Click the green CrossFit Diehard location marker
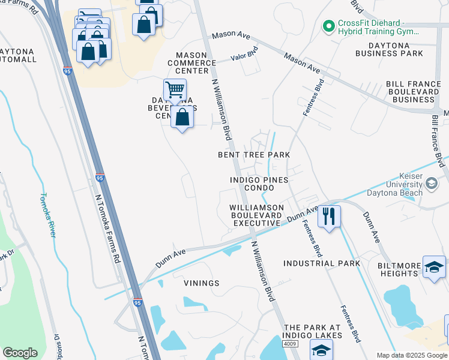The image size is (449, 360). [x=328, y=26]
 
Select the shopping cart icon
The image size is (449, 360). [x=174, y=90]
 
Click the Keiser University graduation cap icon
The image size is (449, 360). [x=431, y=184]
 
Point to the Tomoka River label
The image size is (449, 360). [x=47, y=215]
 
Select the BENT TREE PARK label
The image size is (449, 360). [x=254, y=155]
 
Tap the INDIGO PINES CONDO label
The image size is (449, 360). [x=259, y=184]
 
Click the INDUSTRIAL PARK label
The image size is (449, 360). [x=322, y=263]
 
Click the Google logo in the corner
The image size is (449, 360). [x=20, y=353]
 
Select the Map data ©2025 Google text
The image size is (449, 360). [x=411, y=355]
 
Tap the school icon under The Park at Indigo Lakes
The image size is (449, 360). [x=321, y=350]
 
